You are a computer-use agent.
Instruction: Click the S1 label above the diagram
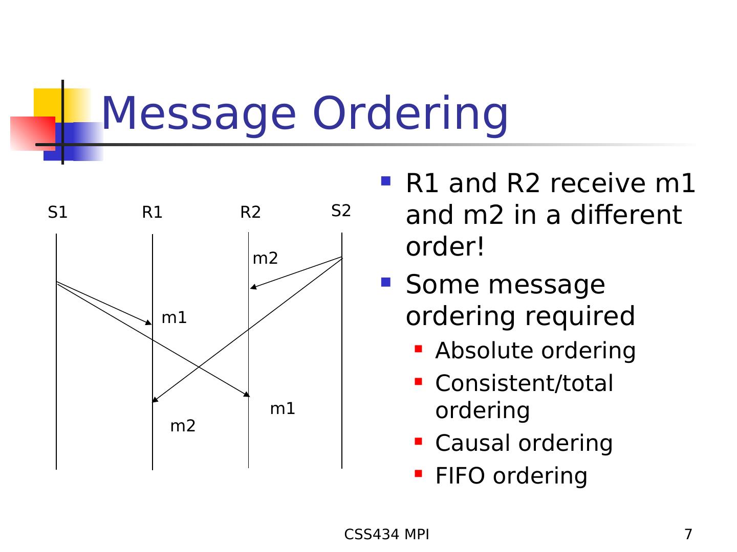click(57, 213)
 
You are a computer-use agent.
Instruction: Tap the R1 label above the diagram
click(152, 213)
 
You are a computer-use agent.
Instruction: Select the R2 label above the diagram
click(250, 213)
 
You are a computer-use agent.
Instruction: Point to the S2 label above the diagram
click(341, 211)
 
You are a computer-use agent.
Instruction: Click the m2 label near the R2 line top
click(265, 259)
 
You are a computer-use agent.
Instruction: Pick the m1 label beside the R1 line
click(174, 318)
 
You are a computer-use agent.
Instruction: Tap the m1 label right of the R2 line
click(283, 409)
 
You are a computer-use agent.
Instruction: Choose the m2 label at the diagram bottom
click(183, 426)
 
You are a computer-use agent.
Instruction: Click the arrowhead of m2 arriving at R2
click(252, 288)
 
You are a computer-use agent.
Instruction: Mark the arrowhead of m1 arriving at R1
click(149, 323)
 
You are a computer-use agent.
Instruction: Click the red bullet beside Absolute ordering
click(418, 349)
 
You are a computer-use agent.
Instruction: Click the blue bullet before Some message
click(386, 282)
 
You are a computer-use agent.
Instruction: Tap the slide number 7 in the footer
click(688, 535)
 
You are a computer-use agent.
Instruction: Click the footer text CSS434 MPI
click(386, 535)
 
